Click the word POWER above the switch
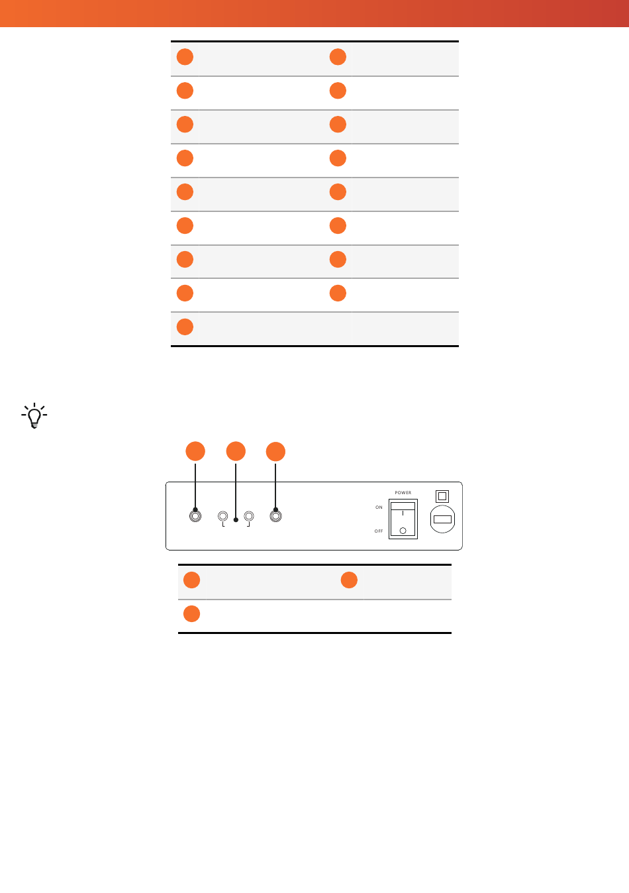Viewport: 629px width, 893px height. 403,493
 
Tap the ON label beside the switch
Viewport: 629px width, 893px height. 379,507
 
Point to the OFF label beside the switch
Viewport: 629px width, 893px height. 379,531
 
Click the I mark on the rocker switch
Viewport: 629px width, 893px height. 403,513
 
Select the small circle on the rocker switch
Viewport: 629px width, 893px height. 403,531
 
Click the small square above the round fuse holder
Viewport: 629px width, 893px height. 442,496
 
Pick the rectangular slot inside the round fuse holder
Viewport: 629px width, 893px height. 442,519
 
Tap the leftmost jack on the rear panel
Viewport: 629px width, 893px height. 195,516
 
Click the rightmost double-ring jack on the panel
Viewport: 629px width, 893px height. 275,516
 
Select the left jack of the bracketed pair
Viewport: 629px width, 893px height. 222,516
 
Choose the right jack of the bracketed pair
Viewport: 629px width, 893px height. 249,516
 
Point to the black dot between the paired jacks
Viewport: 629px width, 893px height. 236,520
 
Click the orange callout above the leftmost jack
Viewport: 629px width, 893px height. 195,451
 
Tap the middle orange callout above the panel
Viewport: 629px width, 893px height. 236,451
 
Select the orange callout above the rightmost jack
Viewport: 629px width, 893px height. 275,452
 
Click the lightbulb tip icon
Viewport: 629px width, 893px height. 34,415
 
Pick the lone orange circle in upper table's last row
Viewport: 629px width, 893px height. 185,327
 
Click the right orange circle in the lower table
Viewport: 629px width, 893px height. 349,580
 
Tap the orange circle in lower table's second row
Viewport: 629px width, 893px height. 191,614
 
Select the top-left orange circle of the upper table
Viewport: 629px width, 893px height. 185,56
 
